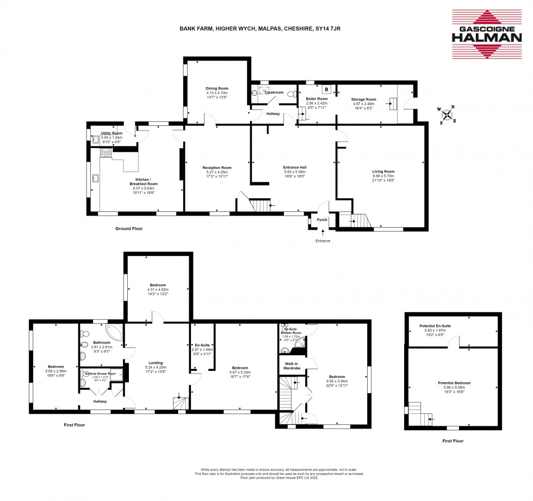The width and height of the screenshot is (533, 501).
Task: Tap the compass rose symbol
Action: tap(447, 114)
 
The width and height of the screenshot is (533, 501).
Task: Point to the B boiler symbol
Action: tap(326, 89)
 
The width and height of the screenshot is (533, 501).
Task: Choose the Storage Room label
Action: tap(364, 100)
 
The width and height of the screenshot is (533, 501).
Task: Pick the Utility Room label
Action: tap(111, 133)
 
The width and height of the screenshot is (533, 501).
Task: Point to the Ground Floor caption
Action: tap(129, 229)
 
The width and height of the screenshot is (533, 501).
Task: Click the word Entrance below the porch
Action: tap(323, 240)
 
